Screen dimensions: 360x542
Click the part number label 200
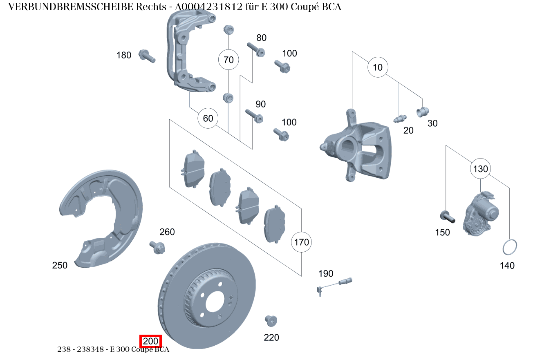tap(151, 341)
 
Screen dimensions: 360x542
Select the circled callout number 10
tap(378, 67)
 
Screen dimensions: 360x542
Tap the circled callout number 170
tap(301, 242)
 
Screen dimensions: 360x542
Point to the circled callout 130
tap(480, 168)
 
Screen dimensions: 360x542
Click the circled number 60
tap(208, 119)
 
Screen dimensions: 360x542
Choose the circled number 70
tap(228, 60)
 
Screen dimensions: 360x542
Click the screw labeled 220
tap(271, 320)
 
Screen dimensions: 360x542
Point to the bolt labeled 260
tap(157, 247)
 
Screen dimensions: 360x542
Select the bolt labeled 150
tap(448, 216)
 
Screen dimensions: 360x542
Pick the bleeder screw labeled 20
tap(399, 119)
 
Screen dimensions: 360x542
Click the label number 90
tap(260, 104)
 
